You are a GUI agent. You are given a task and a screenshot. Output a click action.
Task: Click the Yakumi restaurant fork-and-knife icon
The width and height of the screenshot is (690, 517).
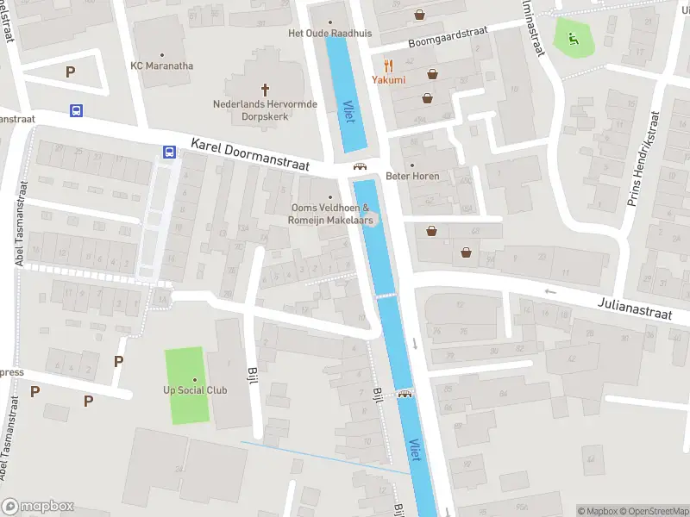point(388,65)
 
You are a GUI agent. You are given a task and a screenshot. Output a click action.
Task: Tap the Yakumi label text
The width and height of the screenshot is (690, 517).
point(389,79)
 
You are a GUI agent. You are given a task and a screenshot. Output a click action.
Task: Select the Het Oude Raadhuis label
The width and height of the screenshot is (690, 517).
point(329,34)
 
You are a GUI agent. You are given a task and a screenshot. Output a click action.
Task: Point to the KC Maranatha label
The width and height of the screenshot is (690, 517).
point(161,65)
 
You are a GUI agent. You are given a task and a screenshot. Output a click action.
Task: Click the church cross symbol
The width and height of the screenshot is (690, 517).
point(266,89)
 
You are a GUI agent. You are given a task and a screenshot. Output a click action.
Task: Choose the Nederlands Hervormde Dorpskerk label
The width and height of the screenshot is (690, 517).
point(266,109)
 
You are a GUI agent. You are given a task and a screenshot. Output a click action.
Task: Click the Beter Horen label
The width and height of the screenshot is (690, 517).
point(413,176)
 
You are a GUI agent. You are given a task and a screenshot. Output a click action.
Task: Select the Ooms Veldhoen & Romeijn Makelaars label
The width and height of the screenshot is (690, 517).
point(329,215)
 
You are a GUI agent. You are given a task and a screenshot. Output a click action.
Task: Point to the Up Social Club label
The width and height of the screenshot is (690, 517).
point(195,390)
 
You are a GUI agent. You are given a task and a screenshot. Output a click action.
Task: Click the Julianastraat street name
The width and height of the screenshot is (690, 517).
point(635,308)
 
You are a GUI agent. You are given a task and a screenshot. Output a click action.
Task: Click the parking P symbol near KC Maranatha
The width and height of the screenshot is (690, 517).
point(70,72)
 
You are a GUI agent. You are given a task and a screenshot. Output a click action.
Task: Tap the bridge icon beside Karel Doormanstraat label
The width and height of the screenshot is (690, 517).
point(360,166)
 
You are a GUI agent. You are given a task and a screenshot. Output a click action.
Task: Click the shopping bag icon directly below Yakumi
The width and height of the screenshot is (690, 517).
point(431,75)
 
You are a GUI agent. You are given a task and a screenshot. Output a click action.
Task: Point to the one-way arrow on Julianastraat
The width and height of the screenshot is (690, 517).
point(549,291)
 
